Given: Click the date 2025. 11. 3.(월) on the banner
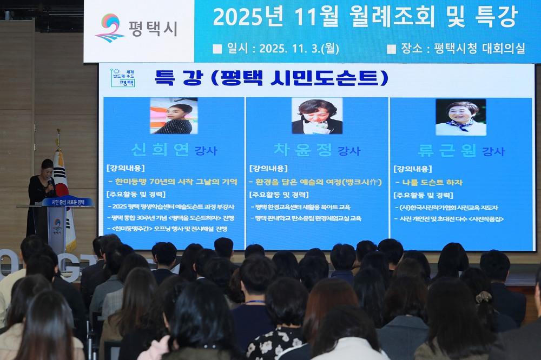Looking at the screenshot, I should [x=299, y=49].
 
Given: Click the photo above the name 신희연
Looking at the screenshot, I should [x=174, y=116].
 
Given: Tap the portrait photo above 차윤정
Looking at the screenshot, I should [x=317, y=116].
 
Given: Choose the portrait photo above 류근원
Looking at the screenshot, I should [x=460, y=117].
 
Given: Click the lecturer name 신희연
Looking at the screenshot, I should [x=161, y=150].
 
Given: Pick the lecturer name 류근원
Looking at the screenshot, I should [x=447, y=150].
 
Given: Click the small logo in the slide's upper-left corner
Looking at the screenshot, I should [x=123, y=78].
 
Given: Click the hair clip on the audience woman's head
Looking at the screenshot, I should [x=484, y=297].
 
